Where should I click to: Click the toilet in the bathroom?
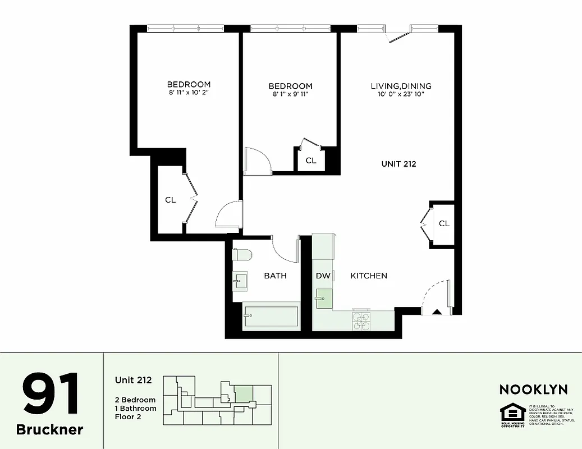click(242, 255)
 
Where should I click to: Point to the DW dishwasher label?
click(323, 276)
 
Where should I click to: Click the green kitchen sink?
click(323, 298)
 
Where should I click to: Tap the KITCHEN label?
click(369, 276)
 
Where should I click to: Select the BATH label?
click(275, 276)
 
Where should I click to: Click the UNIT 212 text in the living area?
click(398, 164)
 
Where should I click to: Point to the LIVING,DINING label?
click(401, 86)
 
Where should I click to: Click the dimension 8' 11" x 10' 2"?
click(189, 93)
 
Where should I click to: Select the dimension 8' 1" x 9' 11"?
click(290, 94)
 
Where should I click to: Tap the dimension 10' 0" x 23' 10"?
click(401, 94)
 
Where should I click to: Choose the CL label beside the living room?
click(444, 223)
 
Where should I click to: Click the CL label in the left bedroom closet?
click(170, 199)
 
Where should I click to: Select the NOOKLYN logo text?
click(533, 390)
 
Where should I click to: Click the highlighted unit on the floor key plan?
click(243, 393)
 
